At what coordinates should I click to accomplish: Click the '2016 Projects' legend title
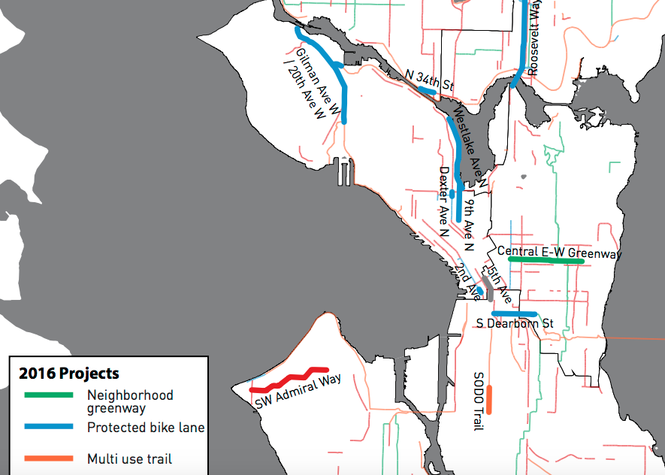pos(69,374)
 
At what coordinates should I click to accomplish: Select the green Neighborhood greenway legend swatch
pos(49,395)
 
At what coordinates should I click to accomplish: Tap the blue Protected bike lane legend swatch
pos(49,427)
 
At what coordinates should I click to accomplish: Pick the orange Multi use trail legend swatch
pos(49,458)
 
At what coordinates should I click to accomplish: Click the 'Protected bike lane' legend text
pos(146,427)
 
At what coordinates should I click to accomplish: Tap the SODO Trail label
pos(478,401)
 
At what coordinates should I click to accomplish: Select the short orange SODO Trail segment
pos(488,400)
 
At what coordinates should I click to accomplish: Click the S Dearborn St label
pos(515,324)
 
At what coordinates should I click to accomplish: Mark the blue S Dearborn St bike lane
pos(515,313)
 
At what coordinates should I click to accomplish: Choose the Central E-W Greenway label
pos(560,253)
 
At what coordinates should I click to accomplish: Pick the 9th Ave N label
pos(469,223)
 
